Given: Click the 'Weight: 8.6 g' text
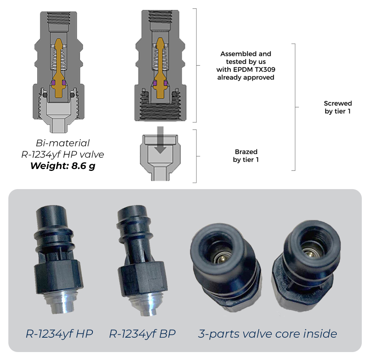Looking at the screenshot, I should tap(63, 166).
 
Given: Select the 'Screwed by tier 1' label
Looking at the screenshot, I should tap(338, 107).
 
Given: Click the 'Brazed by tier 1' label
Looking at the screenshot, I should tap(245, 156).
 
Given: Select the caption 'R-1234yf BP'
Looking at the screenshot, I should tap(142, 334).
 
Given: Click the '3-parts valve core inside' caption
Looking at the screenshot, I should tap(267, 334).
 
